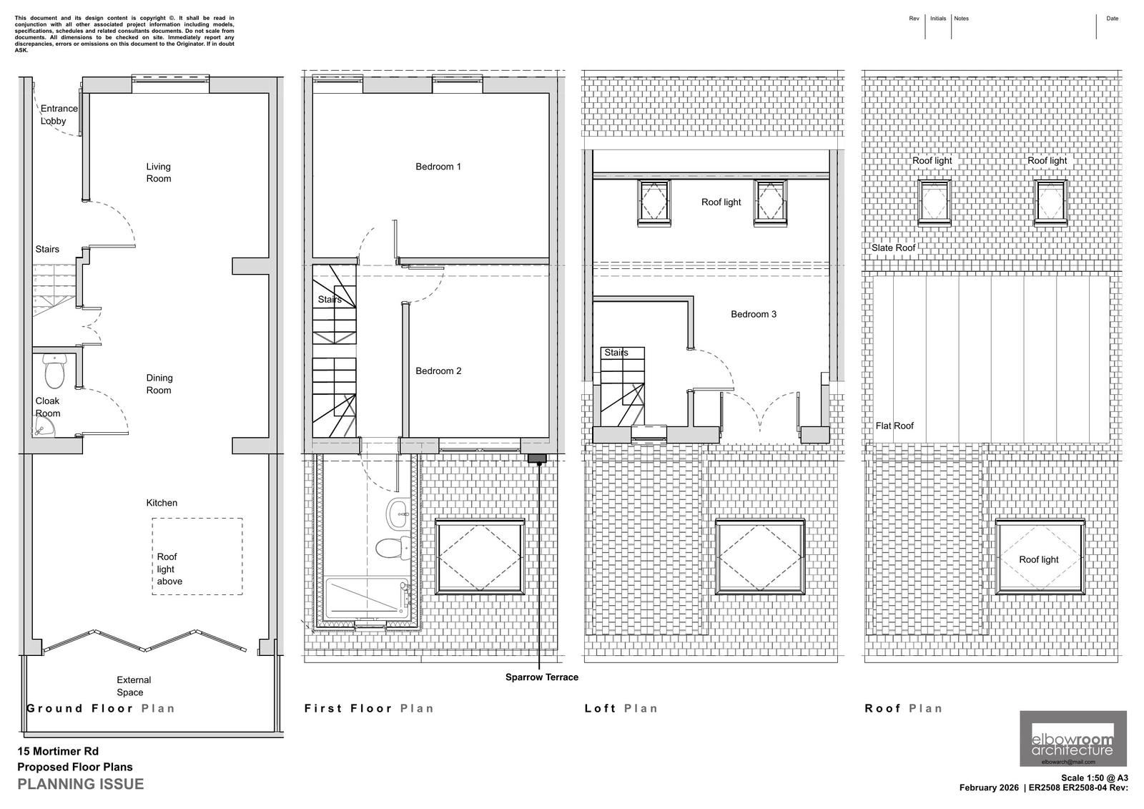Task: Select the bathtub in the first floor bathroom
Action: [x=366, y=599]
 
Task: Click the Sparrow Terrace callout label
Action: [x=542, y=677]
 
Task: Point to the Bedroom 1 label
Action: [x=438, y=167]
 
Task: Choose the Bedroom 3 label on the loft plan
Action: [x=754, y=314]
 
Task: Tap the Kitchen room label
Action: [x=162, y=503]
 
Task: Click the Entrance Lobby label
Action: [x=58, y=114]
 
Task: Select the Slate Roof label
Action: [x=893, y=247]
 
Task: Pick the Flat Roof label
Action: [x=894, y=426]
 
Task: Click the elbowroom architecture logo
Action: [x=1072, y=738]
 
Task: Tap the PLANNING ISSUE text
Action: [x=80, y=784]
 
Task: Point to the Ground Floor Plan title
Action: [x=101, y=708]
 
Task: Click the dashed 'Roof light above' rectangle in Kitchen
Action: [x=197, y=557]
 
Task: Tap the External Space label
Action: [x=134, y=686]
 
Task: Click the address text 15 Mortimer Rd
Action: [x=58, y=751]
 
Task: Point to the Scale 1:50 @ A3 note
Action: [x=1094, y=778]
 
